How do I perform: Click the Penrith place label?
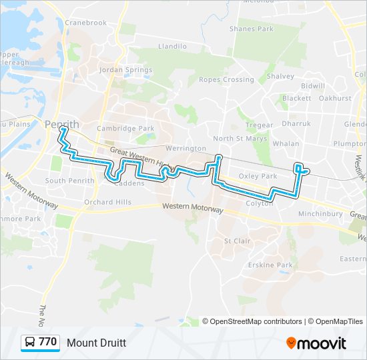click(62, 124)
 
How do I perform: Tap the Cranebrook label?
click(86, 23)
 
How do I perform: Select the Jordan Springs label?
click(121, 69)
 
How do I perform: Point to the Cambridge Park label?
click(125, 128)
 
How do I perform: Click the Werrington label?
click(186, 148)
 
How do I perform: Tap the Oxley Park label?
click(258, 176)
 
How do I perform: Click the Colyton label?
click(259, 203)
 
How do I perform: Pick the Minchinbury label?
click(320, 213)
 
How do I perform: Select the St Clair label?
click(236, 241)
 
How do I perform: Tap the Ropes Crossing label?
click(226, 79)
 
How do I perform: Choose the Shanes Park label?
click(251, 29)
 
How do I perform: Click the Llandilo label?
click(172, 47)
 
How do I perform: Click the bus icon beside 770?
click(31, 343)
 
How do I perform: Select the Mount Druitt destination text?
click(96, 343)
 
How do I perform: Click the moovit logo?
click(316, 343)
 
